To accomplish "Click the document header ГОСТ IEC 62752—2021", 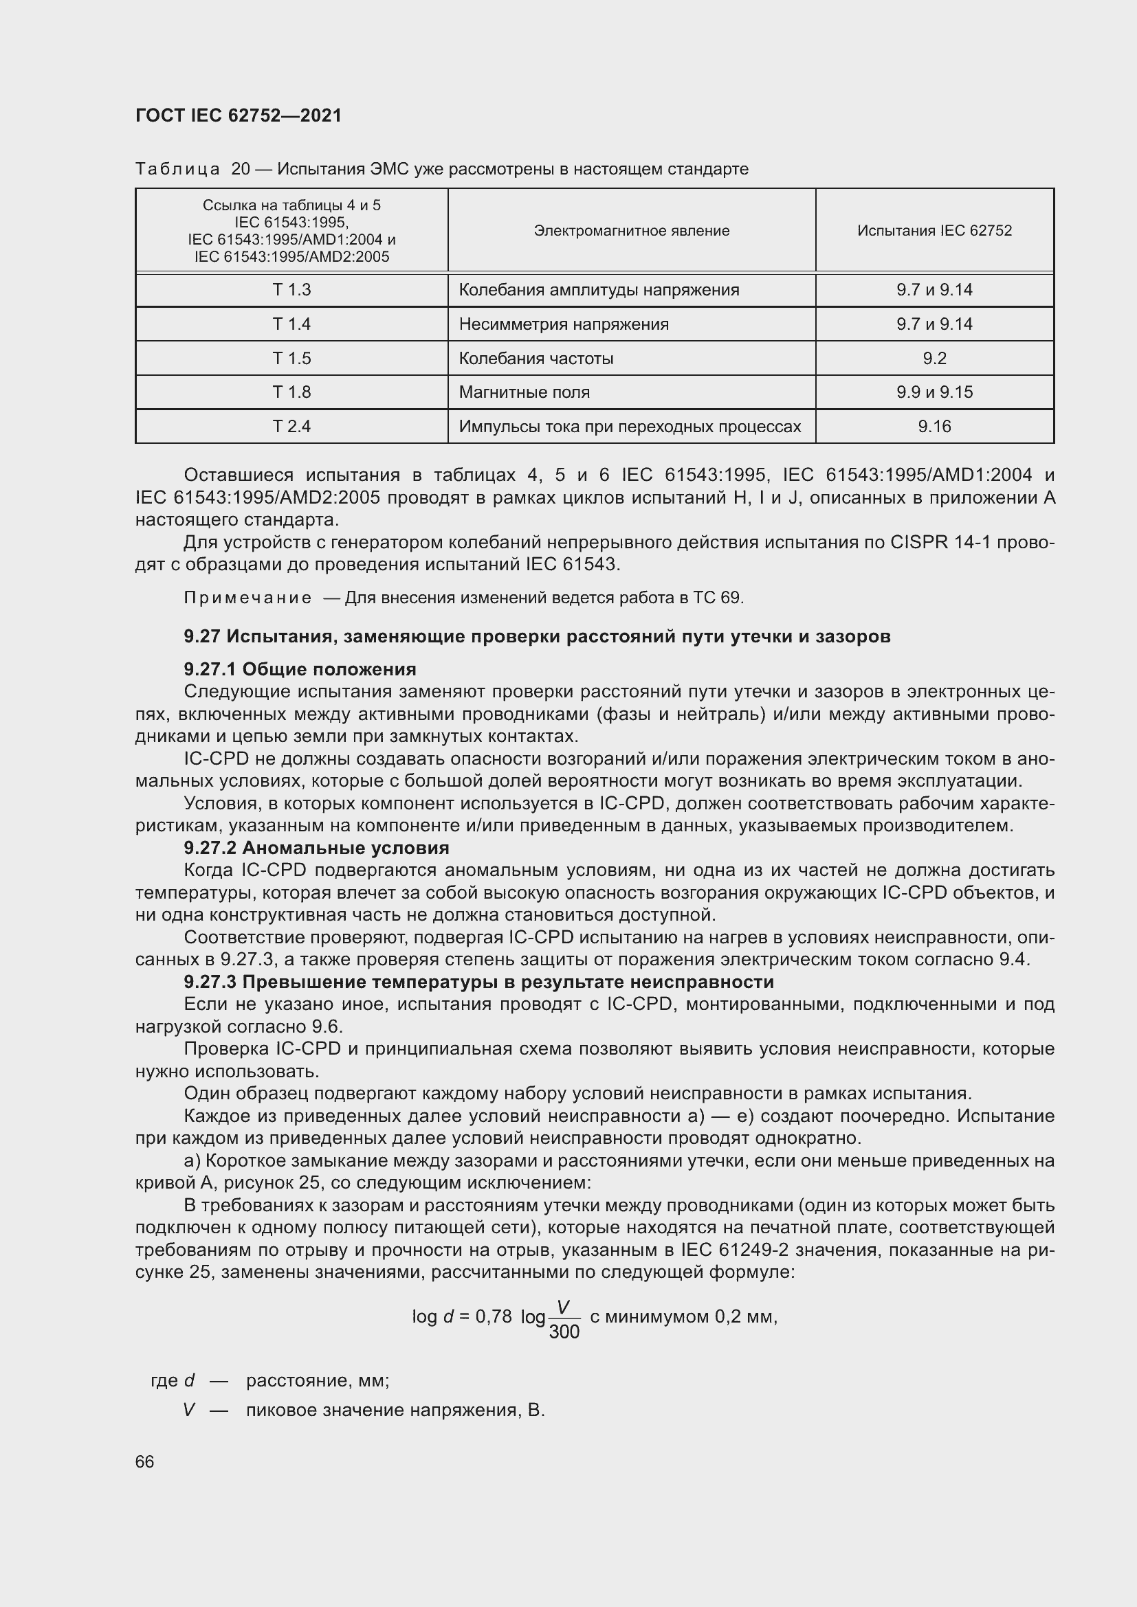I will (238, 115).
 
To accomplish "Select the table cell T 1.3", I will (291, 290).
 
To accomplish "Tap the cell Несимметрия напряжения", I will (564, 324).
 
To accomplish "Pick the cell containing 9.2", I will (934, 359).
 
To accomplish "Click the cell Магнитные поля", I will (525, 392).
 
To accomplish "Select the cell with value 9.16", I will (934, 426).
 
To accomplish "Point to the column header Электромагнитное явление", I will (632, 230).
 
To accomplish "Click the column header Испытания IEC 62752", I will (934, 230).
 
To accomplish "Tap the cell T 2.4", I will (291, 426).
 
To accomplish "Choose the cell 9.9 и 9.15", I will (934, 392).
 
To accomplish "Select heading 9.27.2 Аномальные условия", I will (316, 848).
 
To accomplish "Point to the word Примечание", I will (248, 598).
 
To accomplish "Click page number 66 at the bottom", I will (145, 1461).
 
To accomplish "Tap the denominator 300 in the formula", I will (564, 1332).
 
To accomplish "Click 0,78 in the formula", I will (494, 1316).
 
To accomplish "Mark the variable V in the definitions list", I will (188, 1410).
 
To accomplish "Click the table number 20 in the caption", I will (241, 169).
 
